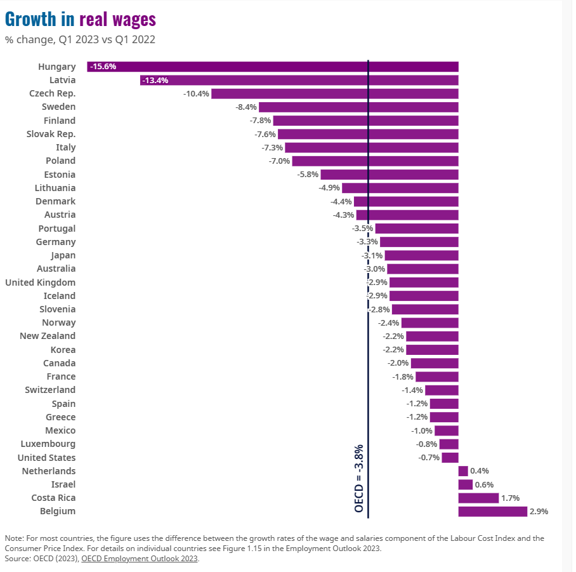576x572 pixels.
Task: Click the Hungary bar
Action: tap(273, 67)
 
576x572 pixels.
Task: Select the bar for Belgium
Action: tap(492, 512)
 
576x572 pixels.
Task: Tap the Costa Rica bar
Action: tap(478, 498)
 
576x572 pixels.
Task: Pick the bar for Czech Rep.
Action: tap(334, 94)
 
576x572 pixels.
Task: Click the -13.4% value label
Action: tap(155, 80)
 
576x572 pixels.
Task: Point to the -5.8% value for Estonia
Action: tap(308, 175)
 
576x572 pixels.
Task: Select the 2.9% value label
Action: tap(539, 512)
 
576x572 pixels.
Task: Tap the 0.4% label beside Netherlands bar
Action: tap(480, 471)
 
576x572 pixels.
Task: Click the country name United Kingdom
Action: tap(40, 283)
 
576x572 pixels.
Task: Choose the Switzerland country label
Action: tap(50, 390)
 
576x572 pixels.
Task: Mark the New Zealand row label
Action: tap(48, 336)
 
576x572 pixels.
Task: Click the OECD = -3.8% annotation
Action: tap(359, 478)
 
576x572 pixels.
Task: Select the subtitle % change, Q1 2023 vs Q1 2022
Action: tap(80, 39)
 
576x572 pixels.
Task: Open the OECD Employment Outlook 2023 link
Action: tap(140, 559)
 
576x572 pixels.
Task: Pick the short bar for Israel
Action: tap(465, 485)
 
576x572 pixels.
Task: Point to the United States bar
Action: tap(450, 458)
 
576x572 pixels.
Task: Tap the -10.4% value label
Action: tap(196, 94)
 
